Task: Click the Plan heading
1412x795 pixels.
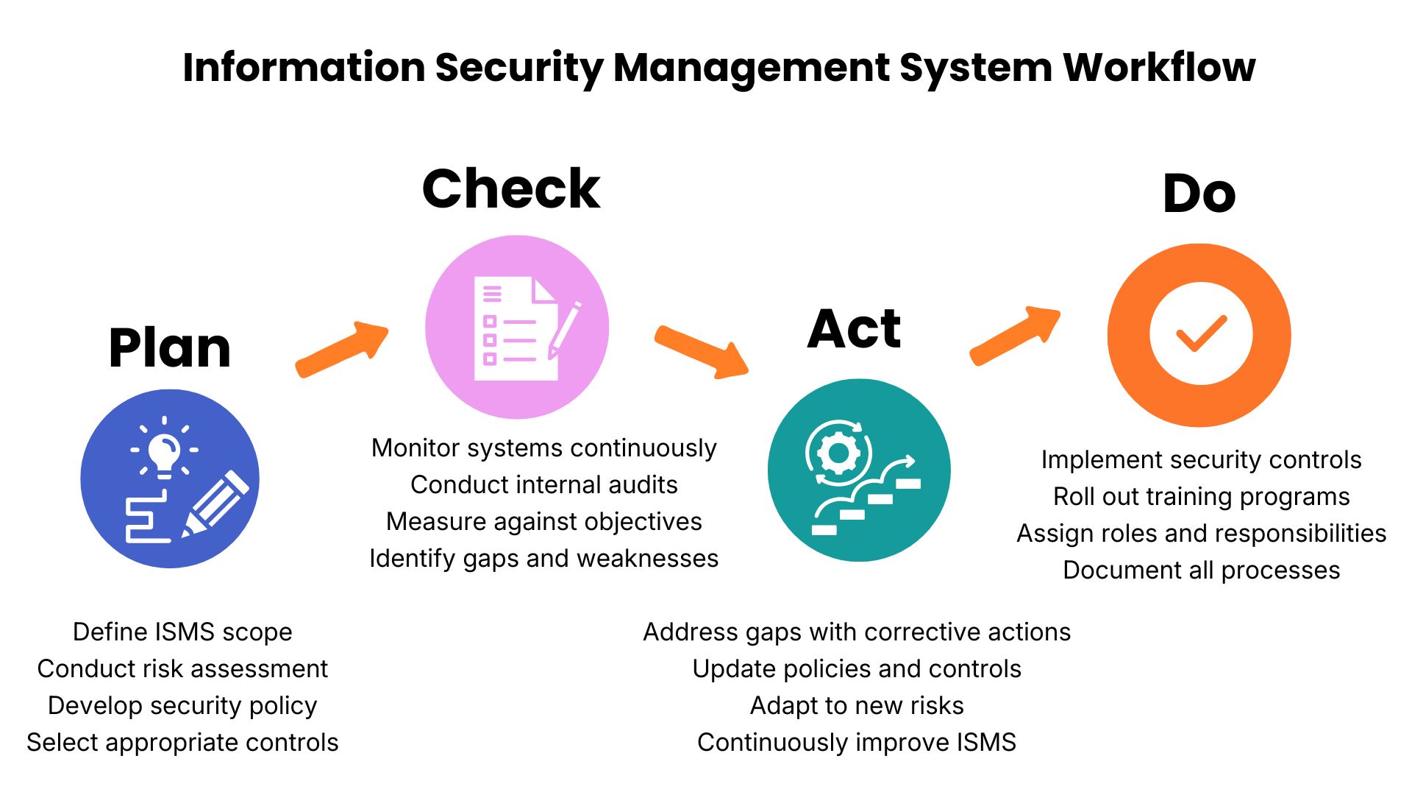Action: point(170,347)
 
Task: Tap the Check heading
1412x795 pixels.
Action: point(511,188)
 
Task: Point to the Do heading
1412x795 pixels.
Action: point(1199,194)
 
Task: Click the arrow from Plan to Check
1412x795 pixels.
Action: point(342,350)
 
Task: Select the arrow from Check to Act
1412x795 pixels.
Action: point(702,352)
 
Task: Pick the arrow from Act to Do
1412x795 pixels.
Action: point(1015,336)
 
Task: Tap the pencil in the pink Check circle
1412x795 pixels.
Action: point(565,330)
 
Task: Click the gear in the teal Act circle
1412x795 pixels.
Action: point(838,452)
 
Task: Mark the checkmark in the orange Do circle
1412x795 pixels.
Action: point(1202,333)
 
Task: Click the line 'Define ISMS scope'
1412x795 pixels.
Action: point(182,632)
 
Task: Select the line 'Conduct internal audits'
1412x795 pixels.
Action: point(544,484)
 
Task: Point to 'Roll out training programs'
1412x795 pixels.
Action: point(1202,497)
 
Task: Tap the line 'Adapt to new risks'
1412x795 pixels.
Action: point(857,705)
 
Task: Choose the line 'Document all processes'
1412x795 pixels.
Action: point(1202,570)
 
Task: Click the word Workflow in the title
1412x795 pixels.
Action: point(1159,67)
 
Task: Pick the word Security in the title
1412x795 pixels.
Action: point(519,68)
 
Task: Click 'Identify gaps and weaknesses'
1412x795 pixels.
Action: point(544,559)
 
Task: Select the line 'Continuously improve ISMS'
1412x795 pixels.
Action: point(857,742)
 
